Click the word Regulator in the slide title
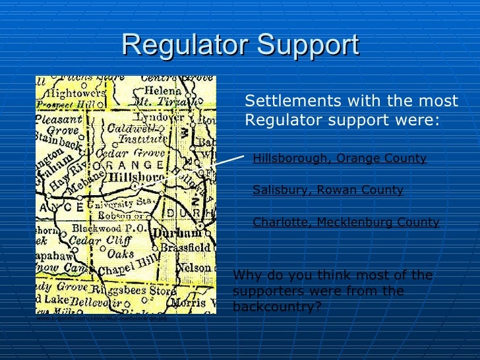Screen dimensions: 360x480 [184, 45]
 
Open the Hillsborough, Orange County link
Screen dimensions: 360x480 [340, 158]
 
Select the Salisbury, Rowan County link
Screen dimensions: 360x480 [328, 190]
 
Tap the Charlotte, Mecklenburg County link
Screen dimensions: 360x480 [345, 222]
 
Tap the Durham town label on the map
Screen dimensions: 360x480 [176, 234]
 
